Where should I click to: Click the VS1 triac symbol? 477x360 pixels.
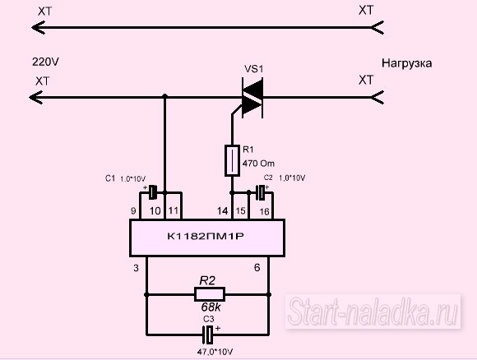(x=252, y=98)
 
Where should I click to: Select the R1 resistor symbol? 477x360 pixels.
(x=232, y=161)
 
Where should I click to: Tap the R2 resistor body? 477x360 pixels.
(x=210, y=294)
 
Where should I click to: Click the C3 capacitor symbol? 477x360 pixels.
(x=208, y=335)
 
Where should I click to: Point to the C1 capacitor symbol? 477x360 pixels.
(x=153, y=192)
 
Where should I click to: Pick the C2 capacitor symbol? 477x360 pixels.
(x=261, y=193)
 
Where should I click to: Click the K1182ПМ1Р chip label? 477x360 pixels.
(x=206, y=236)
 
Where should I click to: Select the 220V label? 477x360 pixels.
(x=45, y=62)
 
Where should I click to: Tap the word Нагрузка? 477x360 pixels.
(x=407, y=63)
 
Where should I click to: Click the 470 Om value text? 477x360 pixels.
(x=258, y=164)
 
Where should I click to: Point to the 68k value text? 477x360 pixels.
(x=211, y=307)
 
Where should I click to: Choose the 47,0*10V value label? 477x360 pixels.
(x=215, y=352)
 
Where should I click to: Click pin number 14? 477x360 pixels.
(x=222, y=210)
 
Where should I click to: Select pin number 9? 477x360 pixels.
(x=133, y=210)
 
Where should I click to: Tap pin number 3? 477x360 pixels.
(x=136, y=268)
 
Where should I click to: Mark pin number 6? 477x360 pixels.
(x=257, y=267)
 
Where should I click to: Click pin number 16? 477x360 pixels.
(x=265, y=211)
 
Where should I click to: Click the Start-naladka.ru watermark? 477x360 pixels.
(x=373, y=311)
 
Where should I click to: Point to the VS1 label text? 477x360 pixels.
(x=253, y=69)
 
